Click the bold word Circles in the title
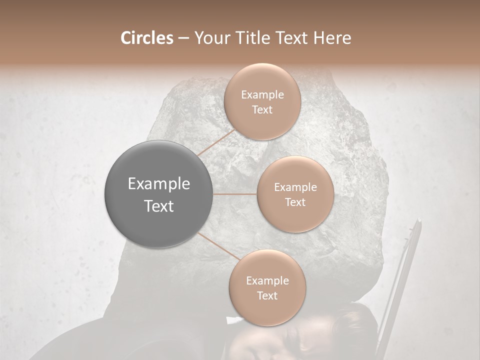(146, 38)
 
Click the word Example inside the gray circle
(159, 184)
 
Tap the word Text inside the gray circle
(159, 206)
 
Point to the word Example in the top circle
(262, 95)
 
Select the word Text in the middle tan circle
(295, 202)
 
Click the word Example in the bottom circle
(267, 281)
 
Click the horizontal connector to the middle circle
(235, 194)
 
